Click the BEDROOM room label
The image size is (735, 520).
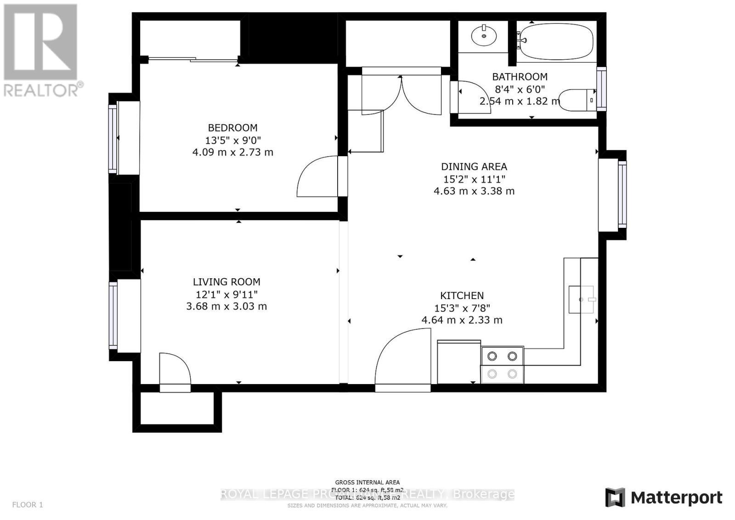pyautogui.click(x=232, y=128)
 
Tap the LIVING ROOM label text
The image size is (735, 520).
pyautogui.click(x=226, y=282)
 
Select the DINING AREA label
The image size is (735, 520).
pyautogui.click(x=474, y=167)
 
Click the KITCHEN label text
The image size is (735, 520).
pyautogui.click(x=462, y=296)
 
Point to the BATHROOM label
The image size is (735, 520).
pyautogui.click(x=520, y=77)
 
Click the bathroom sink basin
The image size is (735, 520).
pyautogui.click(x=484, y=36)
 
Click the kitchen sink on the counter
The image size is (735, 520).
pyautogui.click(x=581, y=300)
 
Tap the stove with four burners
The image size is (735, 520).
pyautogui.click(x=502, y=365)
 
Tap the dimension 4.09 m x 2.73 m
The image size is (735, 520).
pyautogui.click(x=232, y=152)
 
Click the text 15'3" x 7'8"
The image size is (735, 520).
pyautogui.click(x=462, y=308)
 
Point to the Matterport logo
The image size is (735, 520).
pyautogui.click(x=663, y=497)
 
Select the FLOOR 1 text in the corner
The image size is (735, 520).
pyautogui.click(x=28, y=505)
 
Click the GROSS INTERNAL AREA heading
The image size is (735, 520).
pyautogui.click(x=367, y=482)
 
